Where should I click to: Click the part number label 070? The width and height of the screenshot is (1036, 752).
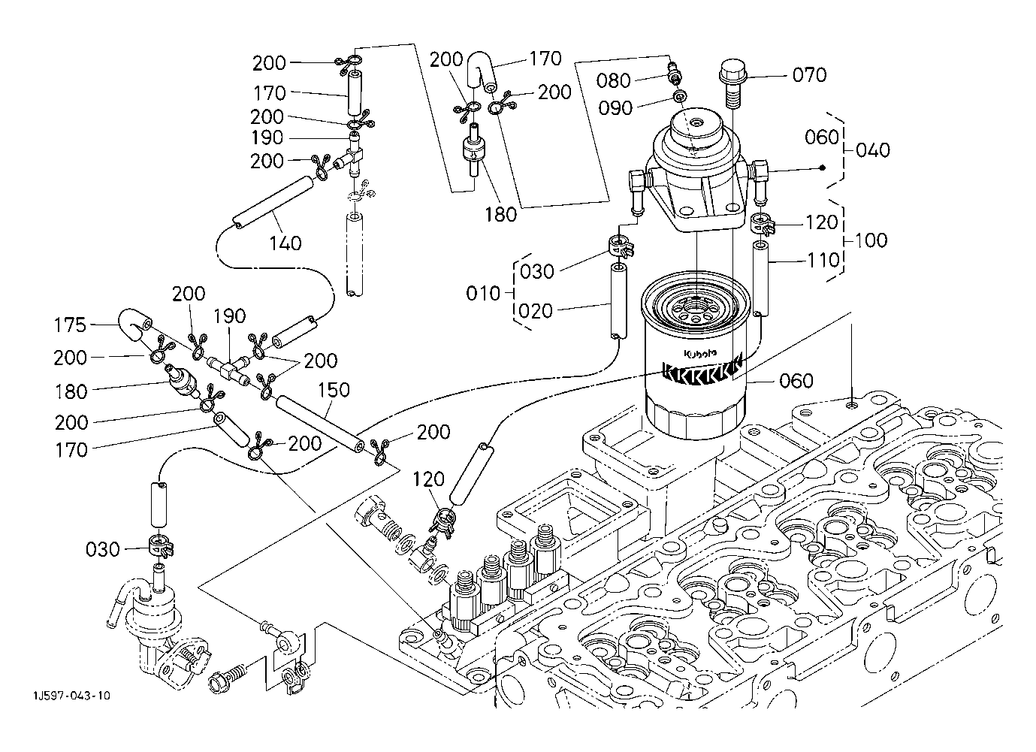coord(809,75)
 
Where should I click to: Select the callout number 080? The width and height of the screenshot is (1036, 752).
coord(613,80)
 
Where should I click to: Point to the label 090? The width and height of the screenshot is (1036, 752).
coord(615,108)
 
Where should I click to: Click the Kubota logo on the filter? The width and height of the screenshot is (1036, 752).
coord(700,354)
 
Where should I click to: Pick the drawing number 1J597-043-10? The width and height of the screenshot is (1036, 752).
coord(71,696)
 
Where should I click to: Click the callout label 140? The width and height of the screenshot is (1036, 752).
coord(285,243)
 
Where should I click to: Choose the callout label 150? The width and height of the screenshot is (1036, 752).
coord(334,390)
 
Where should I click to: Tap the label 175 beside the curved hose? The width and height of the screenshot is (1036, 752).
coord(71,325)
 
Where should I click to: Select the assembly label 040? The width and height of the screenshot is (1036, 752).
coord(873,150)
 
